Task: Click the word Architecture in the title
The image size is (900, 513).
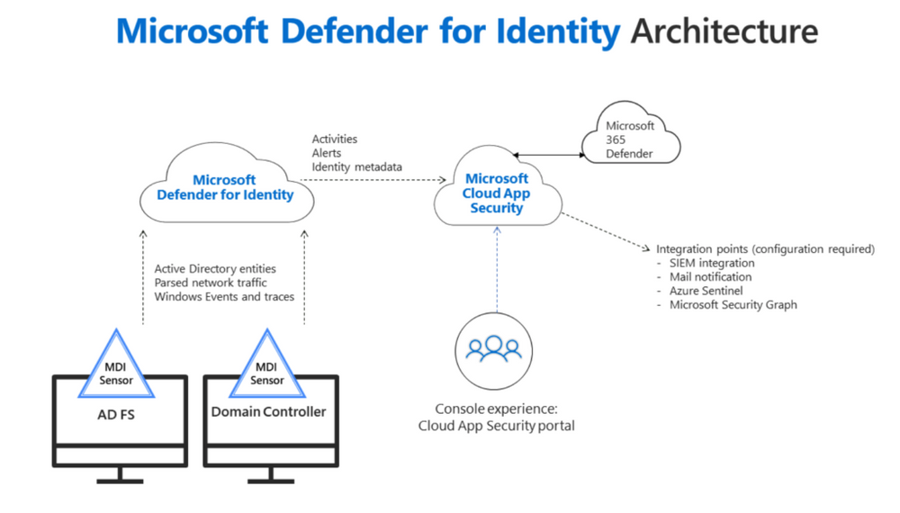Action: coord(724,31)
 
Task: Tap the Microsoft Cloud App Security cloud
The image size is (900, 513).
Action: coord(496,193)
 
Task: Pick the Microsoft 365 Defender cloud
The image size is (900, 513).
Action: coord(630,140)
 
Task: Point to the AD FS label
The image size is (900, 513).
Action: coord(117,415)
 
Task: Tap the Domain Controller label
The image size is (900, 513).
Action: coord(268,411)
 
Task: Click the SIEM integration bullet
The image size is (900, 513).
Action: coord(711,263)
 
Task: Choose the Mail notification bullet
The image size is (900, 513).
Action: coord(710,277)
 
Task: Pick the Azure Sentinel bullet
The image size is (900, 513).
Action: coord(706,291)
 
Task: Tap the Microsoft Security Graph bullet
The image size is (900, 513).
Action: coord(733,305)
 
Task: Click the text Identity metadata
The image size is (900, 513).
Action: coord(357,167)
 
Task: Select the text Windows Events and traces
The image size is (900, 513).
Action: coord(224,297)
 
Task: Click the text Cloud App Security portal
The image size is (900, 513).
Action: coord(496,426)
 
